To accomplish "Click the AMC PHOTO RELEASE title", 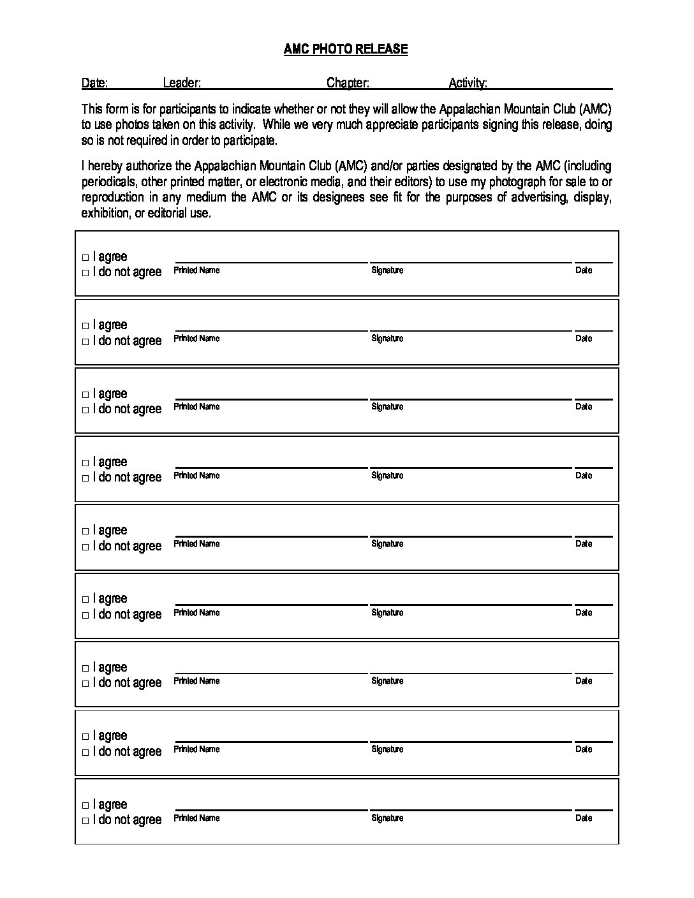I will point(346,49).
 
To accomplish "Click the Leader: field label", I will point(182,83).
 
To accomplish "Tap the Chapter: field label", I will point(348,83).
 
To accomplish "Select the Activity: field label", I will point(468,83).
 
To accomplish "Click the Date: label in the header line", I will point(94,83).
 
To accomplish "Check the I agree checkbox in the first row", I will point(85,258).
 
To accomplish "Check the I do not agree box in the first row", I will point(85,273).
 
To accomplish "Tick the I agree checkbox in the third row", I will point(85,395).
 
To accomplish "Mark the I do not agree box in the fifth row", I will point(85,547).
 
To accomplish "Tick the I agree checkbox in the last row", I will point(85,806).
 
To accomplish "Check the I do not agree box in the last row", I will point(85,821).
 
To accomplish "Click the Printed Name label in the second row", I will point(196,339).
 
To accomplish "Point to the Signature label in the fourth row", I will point(387,476).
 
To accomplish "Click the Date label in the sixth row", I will point(584,613).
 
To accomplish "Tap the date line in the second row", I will point(593,330).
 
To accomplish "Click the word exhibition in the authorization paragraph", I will point(105,214).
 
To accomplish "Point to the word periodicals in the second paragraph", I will point(108,182).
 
